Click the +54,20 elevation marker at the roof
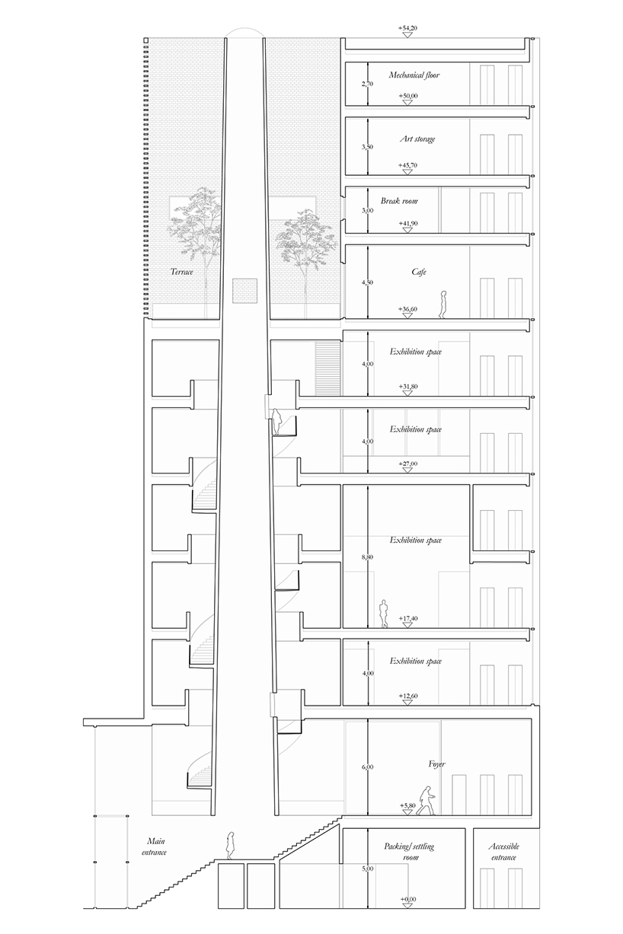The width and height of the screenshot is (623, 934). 407,28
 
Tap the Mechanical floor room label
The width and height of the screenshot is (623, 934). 414,75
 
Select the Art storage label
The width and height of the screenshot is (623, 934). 417,139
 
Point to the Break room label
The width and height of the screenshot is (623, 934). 399,201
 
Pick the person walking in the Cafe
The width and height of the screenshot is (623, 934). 441,304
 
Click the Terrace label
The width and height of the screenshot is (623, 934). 182,271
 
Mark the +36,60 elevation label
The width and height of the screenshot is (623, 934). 408,308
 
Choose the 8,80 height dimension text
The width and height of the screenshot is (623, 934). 368,557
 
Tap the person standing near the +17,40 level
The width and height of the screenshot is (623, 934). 385,614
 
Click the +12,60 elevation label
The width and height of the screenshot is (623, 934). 408,696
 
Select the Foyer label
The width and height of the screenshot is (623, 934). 436,763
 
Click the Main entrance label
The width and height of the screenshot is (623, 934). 156,846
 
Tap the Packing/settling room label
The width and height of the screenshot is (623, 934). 410,851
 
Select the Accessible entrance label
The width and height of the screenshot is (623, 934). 504,852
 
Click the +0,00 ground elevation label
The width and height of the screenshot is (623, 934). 408,900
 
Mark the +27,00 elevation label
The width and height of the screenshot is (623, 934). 408,463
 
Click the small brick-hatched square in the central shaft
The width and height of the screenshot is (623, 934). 244,290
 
